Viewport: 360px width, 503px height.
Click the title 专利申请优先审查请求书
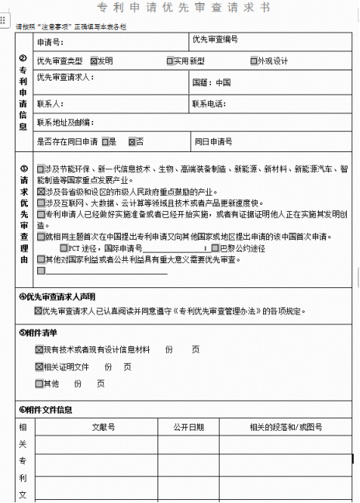pos(184,8)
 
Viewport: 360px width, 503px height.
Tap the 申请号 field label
pos(50,42)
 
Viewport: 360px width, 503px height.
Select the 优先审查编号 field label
pos(215,39)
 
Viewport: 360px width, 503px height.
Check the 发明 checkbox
pos(94,61)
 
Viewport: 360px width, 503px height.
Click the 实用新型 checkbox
pos(170,61)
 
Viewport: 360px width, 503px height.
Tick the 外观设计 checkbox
pos(254,61)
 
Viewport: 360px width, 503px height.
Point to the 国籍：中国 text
pos(212,82)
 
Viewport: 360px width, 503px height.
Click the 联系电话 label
pos(209,103)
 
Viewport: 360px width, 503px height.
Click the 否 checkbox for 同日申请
pos(132,141)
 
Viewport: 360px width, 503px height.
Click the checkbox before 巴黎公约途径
pos(214,248)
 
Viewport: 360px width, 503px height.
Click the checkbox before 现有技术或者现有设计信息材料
pos(40,350)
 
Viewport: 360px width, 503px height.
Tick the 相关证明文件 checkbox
pos(40,366)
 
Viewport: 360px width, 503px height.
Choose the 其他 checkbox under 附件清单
pos(40,383)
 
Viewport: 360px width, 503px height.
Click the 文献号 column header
pos(103,427)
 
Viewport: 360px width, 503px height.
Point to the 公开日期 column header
pos(189,427)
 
